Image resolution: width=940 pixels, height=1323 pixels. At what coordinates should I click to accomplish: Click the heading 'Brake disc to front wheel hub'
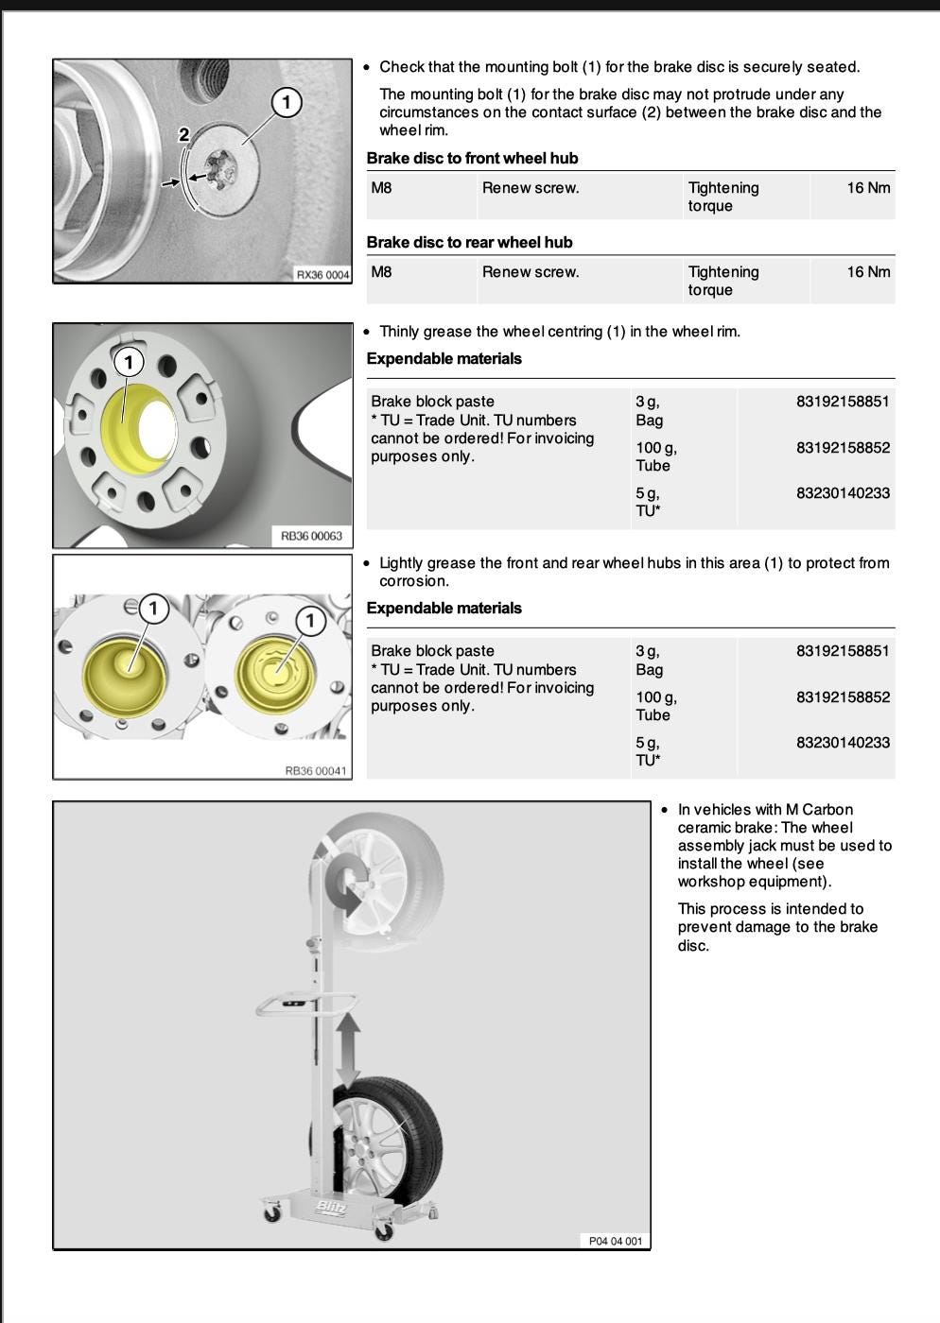(472, 158)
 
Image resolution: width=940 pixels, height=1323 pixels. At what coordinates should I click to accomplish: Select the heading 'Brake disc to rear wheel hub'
(469, 242)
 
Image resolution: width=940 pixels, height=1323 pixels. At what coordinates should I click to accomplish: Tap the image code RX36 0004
(322, 275)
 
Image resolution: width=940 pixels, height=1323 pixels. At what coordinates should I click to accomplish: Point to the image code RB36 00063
(311, 536)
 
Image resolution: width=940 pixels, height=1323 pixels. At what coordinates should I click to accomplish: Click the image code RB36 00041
(315, 770)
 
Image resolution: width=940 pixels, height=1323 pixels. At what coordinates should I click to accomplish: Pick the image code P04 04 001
(615, 1241)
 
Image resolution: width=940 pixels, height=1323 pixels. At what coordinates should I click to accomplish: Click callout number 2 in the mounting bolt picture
(184, 135)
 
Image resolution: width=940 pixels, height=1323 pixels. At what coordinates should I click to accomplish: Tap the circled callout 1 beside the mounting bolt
(287, 101)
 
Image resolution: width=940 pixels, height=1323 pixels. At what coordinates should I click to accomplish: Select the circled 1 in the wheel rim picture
(129, 361)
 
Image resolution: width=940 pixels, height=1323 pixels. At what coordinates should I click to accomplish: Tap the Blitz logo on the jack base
(331, 1207)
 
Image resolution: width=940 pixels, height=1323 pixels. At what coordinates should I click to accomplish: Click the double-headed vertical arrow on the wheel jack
(348, 1050)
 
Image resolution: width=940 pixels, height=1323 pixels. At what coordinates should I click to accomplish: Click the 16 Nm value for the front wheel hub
(868, 187)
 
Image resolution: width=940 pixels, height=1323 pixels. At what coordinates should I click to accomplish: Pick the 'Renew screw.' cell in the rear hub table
(531, 272)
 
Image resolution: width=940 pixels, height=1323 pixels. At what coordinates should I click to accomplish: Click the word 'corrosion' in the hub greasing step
(413, 581)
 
